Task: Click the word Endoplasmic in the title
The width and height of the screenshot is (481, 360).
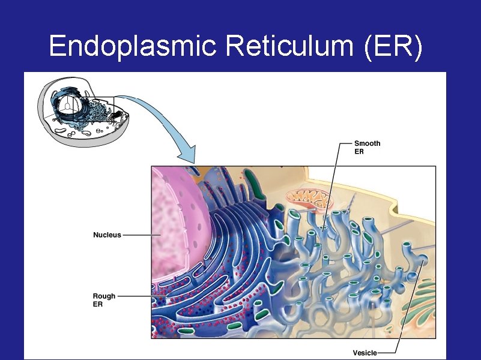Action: point(132,46)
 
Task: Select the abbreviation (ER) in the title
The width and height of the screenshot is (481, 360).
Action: point(393,46)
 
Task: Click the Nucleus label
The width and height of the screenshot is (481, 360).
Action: point(107,235)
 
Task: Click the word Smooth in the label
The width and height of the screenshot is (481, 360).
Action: point(367,144)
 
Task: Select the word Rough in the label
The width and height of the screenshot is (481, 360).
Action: point(104,296)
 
